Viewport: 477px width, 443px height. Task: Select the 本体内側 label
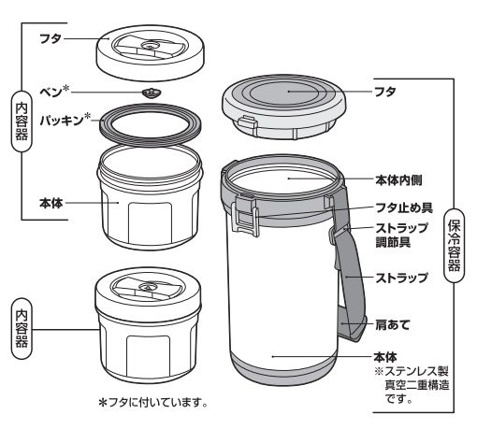point(398,180)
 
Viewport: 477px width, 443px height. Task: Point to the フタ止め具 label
point(404,207)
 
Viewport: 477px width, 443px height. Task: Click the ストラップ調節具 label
point(401,235)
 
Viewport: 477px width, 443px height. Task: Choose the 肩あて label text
point(392,325)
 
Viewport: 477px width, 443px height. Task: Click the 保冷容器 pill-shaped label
point(454,246)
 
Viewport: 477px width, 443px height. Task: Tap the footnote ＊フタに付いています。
point(152,403)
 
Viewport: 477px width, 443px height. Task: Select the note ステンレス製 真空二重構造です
point(412,385)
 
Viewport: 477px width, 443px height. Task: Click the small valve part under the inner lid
point(152,93)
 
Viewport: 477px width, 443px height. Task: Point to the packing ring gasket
point(150,123)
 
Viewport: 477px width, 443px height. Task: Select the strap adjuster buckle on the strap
point(336,233)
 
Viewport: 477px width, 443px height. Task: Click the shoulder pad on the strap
point(352,324)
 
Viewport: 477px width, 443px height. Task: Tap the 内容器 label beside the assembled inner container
point(22,329)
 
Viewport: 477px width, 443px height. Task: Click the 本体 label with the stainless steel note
point(385,357)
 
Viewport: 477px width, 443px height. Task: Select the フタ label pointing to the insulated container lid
point(385,92)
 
